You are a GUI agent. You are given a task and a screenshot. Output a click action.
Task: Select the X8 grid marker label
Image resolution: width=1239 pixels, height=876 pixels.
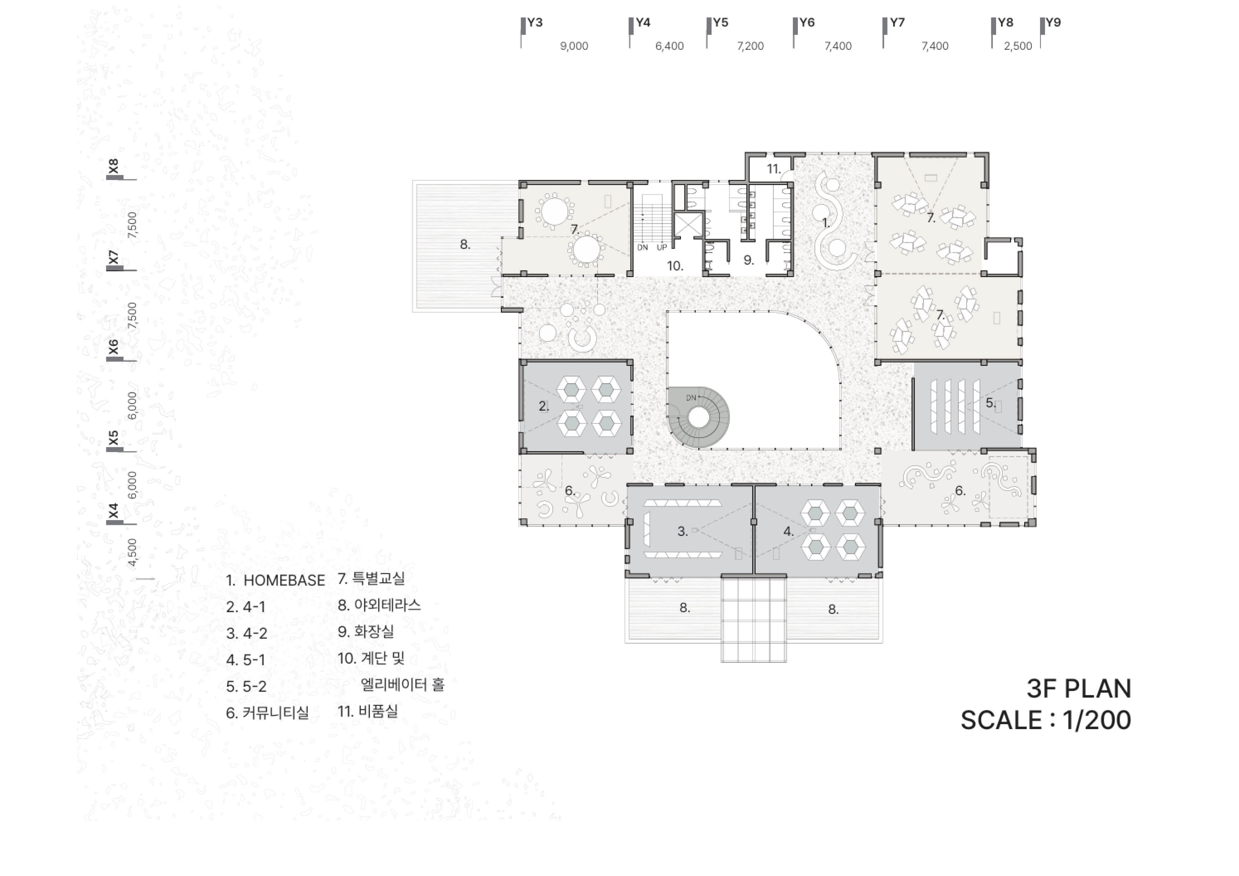(x=113, y=166)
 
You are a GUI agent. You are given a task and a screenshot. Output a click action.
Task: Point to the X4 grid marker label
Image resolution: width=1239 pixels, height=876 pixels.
(x=113, y=511)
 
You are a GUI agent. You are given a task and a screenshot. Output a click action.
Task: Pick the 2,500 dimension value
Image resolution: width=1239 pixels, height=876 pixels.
(x=1018, y=46)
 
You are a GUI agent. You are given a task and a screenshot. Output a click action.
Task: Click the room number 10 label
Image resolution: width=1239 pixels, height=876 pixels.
(x=675, y=266)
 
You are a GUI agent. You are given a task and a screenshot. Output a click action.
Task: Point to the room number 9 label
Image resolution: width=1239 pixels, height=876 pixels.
(x=748, y=260)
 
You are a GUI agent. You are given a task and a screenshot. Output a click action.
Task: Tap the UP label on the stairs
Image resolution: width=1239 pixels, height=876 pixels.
(x=662, y=248)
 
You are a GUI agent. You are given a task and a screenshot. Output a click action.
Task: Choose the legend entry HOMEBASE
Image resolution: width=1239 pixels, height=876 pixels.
(x=284, y=580)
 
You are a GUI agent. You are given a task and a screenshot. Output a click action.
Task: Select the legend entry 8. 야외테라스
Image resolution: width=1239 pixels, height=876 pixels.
(x=379, y=605)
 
